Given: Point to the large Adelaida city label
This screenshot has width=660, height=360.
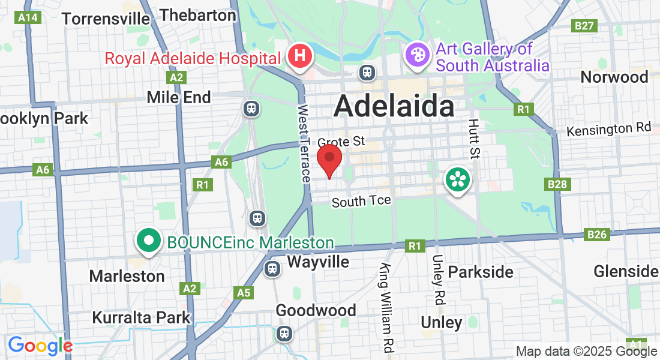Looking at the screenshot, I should (x=394, y=107).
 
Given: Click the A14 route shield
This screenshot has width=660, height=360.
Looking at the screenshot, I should (x=29, y=17).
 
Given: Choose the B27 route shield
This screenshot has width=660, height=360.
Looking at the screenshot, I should (x=584, y=25).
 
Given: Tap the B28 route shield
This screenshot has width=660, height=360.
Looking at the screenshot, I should (x=557, y=184).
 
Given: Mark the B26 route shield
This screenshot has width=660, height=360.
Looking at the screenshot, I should (x=597, y=234).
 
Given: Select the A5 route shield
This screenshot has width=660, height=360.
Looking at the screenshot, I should (x=243, y=292).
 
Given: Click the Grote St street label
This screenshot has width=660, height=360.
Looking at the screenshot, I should (x=341, y=142).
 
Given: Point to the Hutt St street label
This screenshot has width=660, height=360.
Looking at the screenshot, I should (x=474, y=139).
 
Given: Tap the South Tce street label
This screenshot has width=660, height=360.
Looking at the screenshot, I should (x=361, y=201).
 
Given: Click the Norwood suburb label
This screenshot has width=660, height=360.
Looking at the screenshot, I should (x=614, y=77).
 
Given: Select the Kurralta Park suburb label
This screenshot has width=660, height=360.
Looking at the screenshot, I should (x=141, y=317).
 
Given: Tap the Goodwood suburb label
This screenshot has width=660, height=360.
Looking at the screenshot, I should (x=316, y=310).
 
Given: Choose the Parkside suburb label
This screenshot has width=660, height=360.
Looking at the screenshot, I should (x=481, y=272).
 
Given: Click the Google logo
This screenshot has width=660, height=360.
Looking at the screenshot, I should (x=40, y=346).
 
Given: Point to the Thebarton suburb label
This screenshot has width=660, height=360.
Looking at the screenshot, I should (x=199, y=15).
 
